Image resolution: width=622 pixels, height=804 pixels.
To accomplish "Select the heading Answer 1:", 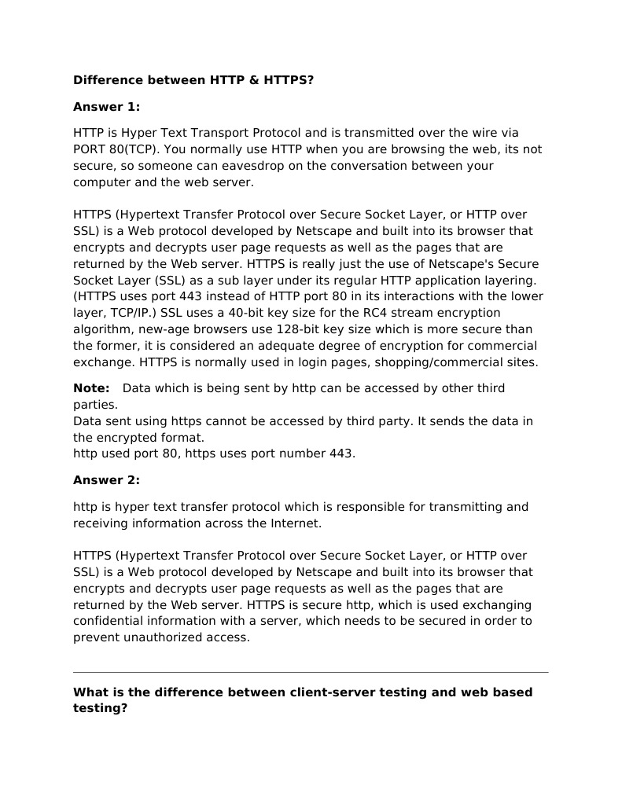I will [x=106, y=107].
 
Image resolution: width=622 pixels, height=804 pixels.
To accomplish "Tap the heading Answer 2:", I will [x=106, y=480].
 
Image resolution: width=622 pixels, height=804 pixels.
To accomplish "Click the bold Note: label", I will [x=91, y=388].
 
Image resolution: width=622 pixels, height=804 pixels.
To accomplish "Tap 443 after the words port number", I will [x=343, y=453].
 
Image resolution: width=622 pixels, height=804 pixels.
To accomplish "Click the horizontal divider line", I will [x=311, y=672].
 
